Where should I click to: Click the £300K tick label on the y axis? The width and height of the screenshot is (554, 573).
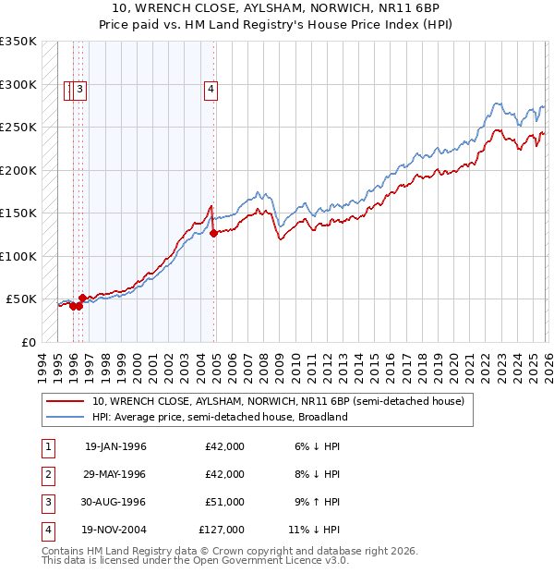(18, 84)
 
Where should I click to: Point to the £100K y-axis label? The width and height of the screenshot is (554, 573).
(18, 256)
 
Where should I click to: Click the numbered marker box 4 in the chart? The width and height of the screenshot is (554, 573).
(211, 90)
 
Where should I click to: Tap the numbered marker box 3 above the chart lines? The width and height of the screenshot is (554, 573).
(80, 90)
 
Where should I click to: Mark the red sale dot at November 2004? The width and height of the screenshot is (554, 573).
(213, 234)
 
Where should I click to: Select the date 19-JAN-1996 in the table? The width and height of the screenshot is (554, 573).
(115, 446)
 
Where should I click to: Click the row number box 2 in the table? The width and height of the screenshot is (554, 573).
(46, 474)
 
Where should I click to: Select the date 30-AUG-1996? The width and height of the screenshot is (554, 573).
(115, 502)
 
